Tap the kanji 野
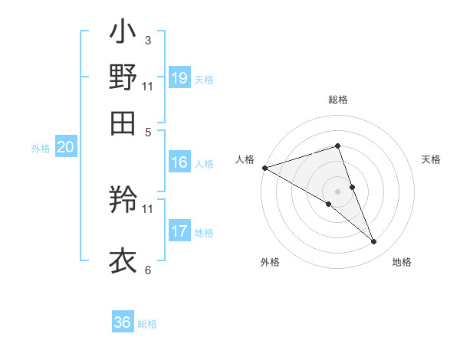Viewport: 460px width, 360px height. coord(123,77)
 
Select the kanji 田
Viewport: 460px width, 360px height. coord(123,122)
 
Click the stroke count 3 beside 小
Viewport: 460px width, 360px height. coord(147,40)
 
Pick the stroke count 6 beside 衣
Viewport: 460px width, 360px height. coord(147,270)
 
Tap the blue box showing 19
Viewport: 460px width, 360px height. coord(179,78)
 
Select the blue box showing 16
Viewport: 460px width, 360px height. coord(179,162)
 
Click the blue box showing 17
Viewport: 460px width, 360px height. coord(179,231)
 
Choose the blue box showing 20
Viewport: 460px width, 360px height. coord(65,149)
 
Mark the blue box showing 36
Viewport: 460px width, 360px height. coord(122,322)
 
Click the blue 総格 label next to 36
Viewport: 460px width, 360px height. coord(147,324)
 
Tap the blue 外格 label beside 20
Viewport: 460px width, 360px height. coord(41,149)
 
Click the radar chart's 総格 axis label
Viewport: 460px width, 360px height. coord(337,100)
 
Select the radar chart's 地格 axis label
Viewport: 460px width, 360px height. coord(402,263)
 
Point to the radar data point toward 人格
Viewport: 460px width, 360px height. coord(264,168)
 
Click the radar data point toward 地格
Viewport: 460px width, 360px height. coord(374,242)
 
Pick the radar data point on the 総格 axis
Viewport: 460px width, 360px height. coord(337,146)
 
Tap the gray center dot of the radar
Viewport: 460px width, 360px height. coord(337,191)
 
